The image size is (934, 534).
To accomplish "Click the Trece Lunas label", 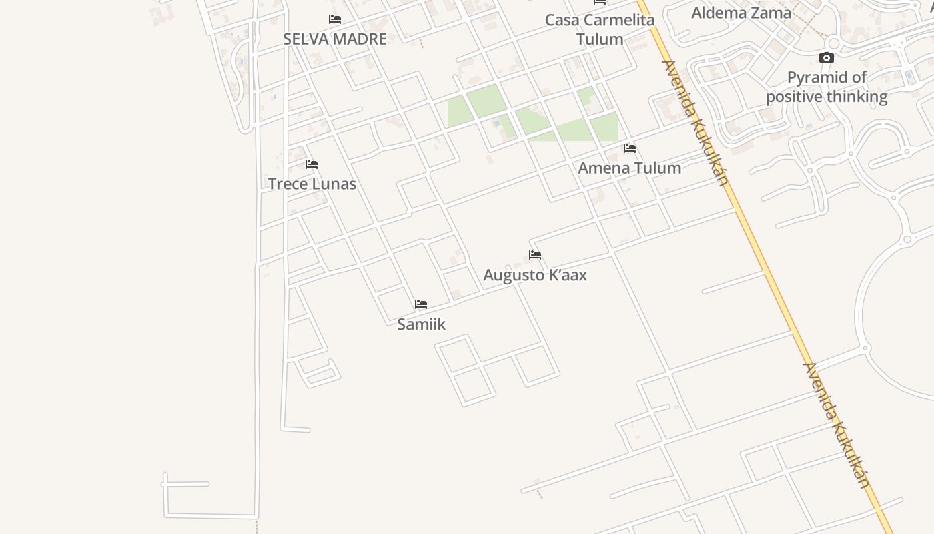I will pyautogui.click(x=312, y=184).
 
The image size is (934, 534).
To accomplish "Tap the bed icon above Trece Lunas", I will pyautogui.click(x=312, y=164).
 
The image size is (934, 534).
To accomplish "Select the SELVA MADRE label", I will pyautogui.click(x=334, y=39).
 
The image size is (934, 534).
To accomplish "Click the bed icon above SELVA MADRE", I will pyautogui.click(x=335, y=19).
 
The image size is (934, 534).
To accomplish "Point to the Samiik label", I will pyautogui.click(x=421, y=324).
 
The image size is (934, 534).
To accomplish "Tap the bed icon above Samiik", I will pyautogui.click(x=421, y=304).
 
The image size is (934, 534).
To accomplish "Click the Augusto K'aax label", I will pyautogui.click(x=535, y=275).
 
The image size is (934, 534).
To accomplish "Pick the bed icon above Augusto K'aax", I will pyautogui.click(x=535, y=255).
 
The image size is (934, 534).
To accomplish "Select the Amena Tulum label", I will pyautogui.click(x=629, y=168).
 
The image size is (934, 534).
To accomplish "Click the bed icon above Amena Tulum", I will pyautogui.click(x=630, y=148).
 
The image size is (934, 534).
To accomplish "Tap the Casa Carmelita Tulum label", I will pyautogui.click(x=600, y=29).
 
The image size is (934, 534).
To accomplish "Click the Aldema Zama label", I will pyautogui.click(x=741, y=13).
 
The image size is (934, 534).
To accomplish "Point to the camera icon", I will pyautogui.click(x=827, y=58).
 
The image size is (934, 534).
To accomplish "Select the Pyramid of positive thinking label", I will pyautogui.click(x=827, y=87).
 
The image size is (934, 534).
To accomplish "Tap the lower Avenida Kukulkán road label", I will pyautogui.click(x=837, y=425).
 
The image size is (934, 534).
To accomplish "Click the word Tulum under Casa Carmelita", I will pyautogui.click(x=600, y=39).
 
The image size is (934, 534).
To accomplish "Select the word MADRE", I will pyautogui.click(x=361, y=39).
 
